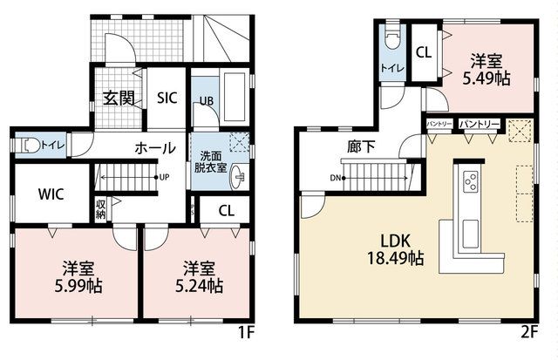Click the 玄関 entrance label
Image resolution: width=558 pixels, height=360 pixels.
[x=119, y=98]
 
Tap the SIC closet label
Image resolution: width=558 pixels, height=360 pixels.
[x=167, y=98]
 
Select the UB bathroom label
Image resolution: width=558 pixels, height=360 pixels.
[x=207, y=101]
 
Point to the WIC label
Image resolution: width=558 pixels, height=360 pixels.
[x=51, y=194]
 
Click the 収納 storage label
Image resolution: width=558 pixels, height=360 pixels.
[x=100, y=209]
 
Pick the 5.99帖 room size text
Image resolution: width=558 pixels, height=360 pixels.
[x=78, y=285]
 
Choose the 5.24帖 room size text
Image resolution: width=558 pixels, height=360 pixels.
[x=200, y=285]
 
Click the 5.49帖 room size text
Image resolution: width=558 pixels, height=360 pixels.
[x=487, y=78]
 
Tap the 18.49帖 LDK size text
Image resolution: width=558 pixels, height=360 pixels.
[x=395, y=258]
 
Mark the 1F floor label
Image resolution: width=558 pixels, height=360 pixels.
[x=246, y=333]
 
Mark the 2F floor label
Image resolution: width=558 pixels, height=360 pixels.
[x=529, y=332]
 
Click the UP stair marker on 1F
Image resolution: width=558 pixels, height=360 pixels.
[x=164, y=177]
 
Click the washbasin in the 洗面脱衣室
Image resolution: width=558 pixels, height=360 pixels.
[x=238, y=177]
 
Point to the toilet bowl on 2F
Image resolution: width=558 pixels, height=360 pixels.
[x=392, y=39]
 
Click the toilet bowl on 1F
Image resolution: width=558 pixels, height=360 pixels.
[x=31, y=146]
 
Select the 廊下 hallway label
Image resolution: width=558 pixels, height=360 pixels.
[x=361, y=146]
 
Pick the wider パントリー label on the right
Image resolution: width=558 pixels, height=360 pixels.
[x=479, y=124]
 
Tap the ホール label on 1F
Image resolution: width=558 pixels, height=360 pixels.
[x=155, y=148]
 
